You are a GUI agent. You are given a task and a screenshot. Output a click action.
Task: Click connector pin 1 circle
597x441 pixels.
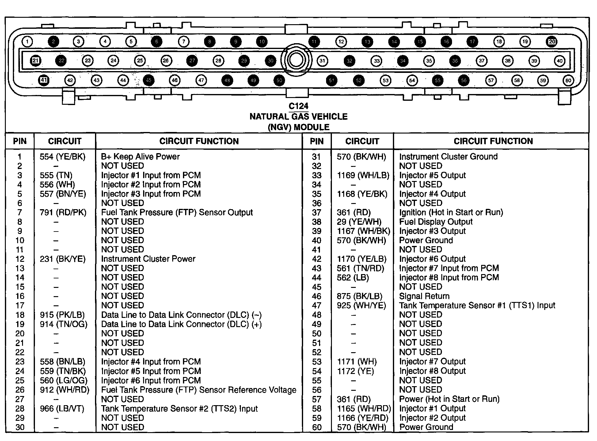[27, 42]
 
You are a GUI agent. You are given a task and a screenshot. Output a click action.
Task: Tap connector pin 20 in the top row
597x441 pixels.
[552, 42]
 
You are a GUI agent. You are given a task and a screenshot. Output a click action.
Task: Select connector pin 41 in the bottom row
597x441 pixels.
[44, 80]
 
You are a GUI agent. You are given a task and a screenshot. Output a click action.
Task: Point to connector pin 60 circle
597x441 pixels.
[568, 81]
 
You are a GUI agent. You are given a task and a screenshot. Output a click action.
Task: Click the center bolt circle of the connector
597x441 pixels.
[296, 60]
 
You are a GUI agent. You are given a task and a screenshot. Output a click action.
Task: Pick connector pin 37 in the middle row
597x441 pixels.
[481, 61]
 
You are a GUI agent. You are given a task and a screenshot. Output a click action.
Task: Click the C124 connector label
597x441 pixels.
[298, 106]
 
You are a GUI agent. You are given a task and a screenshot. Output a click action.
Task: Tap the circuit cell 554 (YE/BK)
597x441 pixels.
[63, 156]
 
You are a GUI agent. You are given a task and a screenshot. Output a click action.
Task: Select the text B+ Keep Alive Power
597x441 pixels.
[140, 156]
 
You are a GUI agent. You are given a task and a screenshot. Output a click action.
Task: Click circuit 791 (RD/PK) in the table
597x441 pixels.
[63, 213]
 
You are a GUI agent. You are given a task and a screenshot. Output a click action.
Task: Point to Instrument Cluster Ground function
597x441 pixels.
[448, 156]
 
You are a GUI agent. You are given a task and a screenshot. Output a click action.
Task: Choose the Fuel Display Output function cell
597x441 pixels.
[435, 222]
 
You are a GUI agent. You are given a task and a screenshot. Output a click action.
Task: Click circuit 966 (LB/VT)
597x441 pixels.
[62, 409]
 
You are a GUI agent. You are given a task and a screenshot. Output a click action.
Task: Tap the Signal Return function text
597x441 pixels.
[424, 296]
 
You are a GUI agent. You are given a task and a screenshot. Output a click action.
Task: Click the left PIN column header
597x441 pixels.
[20, 141]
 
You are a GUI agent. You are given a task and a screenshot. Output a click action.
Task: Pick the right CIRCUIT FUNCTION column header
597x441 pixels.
[493, 141]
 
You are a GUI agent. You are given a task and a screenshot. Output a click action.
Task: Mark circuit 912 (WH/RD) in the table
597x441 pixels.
[64, 390]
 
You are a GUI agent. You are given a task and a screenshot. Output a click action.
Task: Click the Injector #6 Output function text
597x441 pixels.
[432, 259]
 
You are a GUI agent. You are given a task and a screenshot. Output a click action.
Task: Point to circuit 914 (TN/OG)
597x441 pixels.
[63, 324]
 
